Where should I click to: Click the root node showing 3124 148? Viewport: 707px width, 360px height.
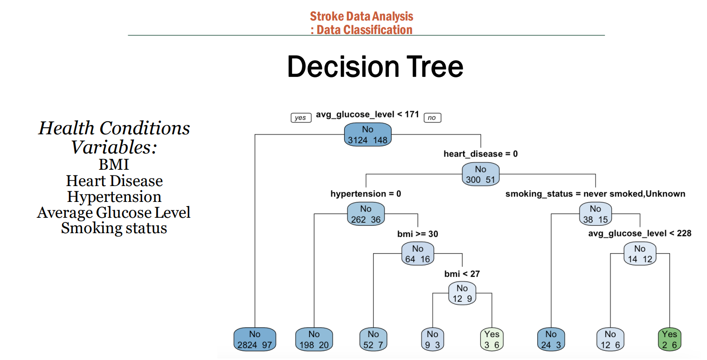(367, 135)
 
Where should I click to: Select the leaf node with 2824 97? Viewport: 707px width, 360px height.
(255, 339)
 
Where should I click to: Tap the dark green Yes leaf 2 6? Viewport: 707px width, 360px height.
(669, 339)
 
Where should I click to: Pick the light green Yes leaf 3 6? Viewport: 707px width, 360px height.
(492, 339)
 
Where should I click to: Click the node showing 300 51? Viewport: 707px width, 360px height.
(480, 174)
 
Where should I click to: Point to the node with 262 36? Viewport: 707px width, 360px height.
(366, 214)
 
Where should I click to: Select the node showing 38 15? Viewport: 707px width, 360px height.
(595, 214)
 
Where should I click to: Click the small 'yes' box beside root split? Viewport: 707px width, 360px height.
(300, 118)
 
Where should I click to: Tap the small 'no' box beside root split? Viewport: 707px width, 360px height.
(432, 118)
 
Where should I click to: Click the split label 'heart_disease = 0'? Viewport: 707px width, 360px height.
(480, 153)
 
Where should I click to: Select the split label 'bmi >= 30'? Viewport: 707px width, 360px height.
(417, 234)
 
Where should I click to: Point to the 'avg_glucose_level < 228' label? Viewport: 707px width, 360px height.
(640, 233)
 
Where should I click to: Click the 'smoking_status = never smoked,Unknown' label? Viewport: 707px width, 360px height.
(595, 194)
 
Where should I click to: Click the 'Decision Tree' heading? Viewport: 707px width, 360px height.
(375, 67)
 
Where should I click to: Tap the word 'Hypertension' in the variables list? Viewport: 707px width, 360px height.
(114, 197)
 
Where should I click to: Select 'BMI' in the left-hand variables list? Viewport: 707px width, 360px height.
(114, 165)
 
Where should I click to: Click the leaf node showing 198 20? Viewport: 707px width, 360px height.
(314, 339)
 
